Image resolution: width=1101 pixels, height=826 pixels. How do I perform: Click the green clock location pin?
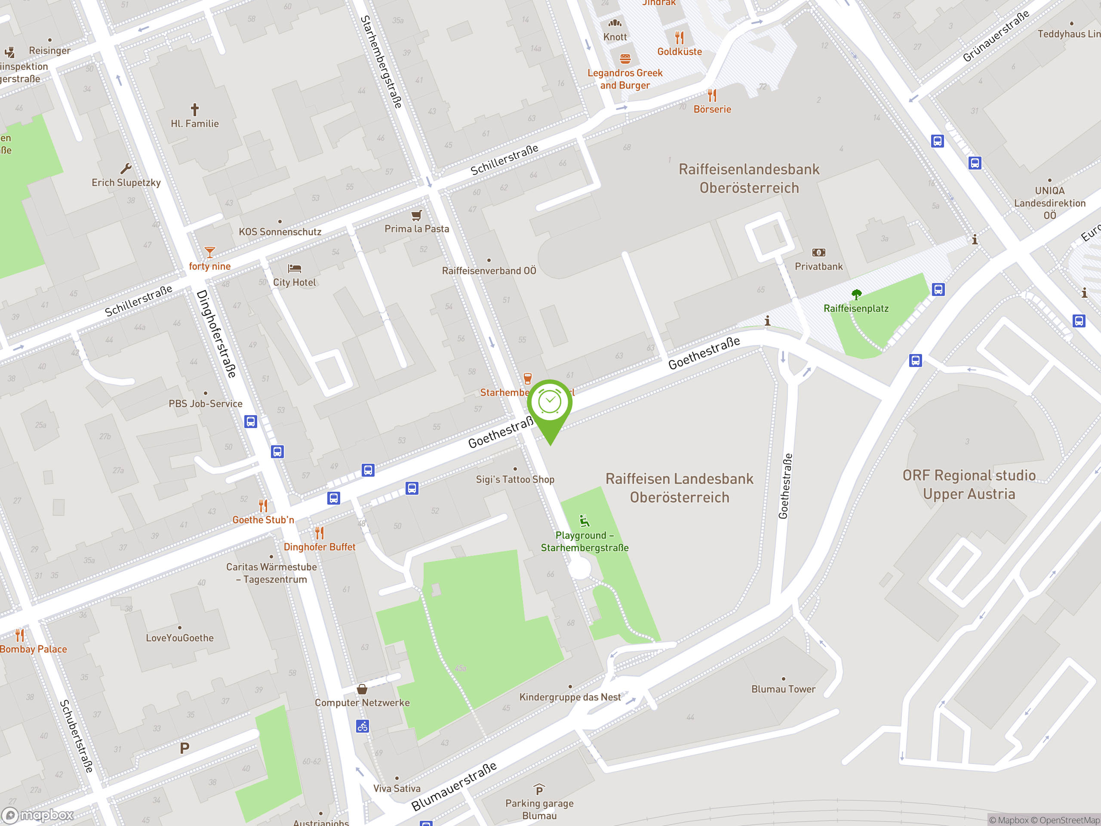pyautogui.click(x=550, y=403)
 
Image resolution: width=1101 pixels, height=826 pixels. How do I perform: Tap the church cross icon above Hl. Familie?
pyautogui.click(x=195, y=109)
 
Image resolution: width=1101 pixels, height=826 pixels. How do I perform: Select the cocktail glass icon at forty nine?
pyautogui.click(x=209, y=253)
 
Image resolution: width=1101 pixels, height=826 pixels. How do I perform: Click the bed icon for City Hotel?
pyautogui.click(x=295, y=269)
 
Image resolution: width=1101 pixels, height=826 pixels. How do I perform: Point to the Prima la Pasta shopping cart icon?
pyautogui.click(x=417, y=215)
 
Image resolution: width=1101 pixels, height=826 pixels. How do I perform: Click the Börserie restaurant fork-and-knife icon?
pyautogui.click(x=712, y=95)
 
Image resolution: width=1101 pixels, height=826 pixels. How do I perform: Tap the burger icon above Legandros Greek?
pyautogui.click(x=625, y=59)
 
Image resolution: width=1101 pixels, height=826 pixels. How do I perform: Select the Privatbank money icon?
pyautogui.click(x=818, y=253)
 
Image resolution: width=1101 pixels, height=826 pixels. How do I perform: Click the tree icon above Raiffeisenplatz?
pyautogui.click(x=856, y=294)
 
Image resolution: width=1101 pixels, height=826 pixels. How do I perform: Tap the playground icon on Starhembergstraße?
pyautogui.click(x=584, y=521)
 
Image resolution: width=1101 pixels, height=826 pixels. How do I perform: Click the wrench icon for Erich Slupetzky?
pyautogui.click(x=126, y=168)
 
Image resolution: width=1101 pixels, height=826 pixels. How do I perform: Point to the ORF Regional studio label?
pyautogui.click(x=969, y=484)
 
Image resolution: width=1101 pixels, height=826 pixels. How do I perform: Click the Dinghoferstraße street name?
pyautogui.click(x=216, y=334)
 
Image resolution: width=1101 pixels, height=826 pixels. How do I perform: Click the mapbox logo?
pyautogui.click(x=38, y=815)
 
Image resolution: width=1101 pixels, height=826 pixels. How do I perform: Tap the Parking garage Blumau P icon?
pyautogui.click(x=539, y=790)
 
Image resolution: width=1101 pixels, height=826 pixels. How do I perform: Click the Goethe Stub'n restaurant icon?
pyautogui.click(x=263, y=506)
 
